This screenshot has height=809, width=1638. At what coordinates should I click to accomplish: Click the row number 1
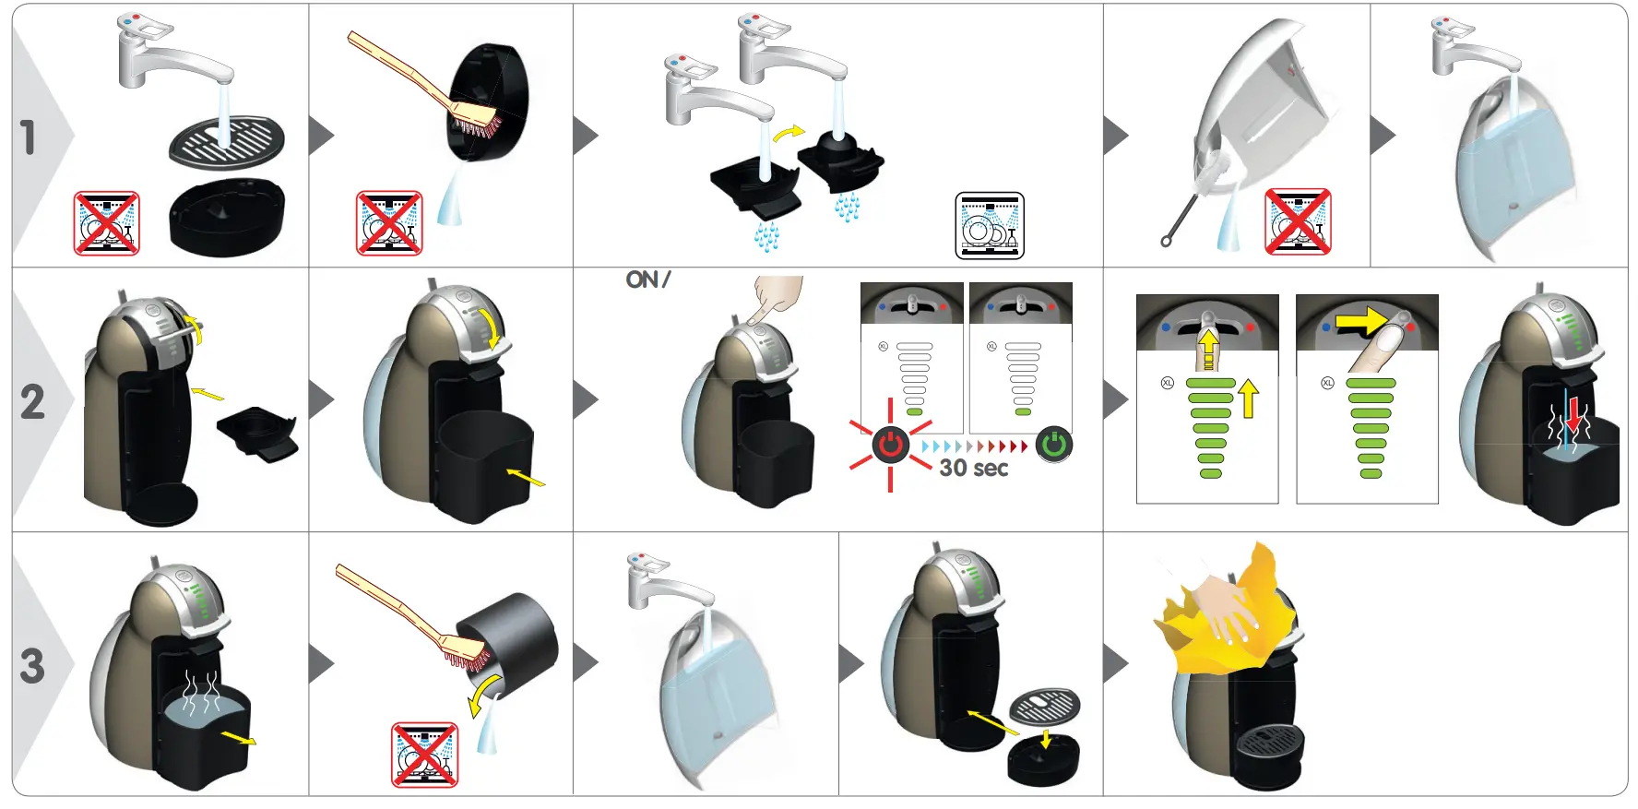[29, 137]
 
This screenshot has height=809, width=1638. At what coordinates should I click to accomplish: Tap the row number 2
[32, 401]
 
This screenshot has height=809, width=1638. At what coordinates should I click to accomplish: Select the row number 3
[32, 665]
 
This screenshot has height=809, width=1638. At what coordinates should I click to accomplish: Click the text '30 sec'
[973, 469]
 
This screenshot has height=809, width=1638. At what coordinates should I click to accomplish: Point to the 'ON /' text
[647, 280]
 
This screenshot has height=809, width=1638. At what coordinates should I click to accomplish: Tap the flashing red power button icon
[890, 445]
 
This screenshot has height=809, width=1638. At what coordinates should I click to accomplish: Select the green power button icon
[1053, 445]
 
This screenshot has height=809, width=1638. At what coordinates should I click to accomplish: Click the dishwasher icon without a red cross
[990, 226]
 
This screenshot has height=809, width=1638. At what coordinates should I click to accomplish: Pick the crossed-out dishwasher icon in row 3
[424, 755]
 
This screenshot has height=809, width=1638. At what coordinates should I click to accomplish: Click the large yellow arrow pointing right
[1360, 321]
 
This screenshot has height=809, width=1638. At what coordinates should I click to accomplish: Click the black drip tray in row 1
[226, 217]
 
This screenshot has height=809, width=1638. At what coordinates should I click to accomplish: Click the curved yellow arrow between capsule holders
[789, 134]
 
